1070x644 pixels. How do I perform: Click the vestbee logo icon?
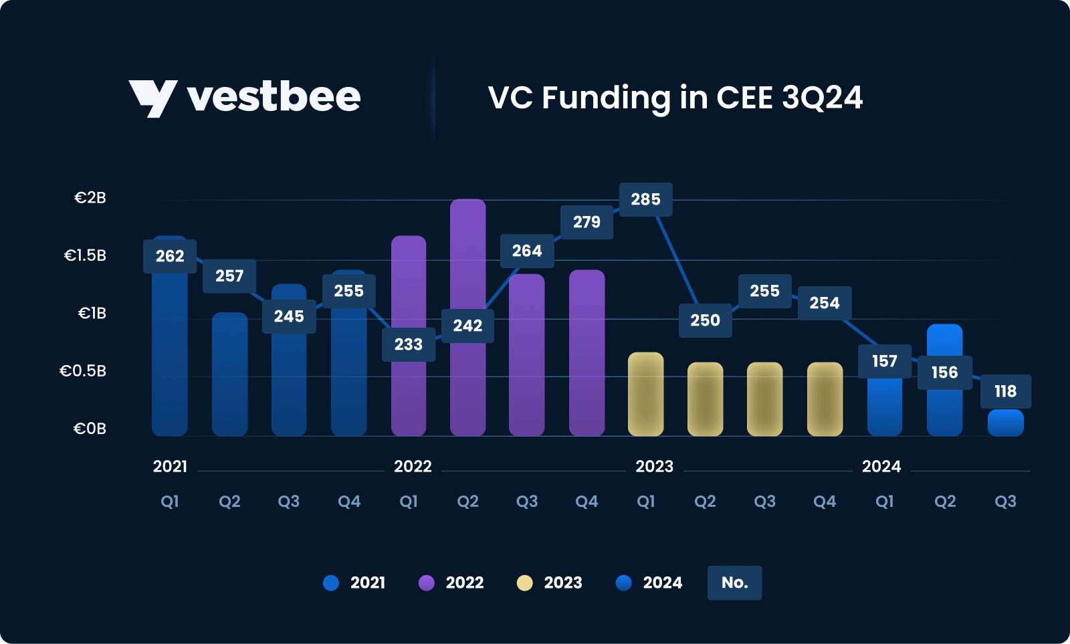point(152,98)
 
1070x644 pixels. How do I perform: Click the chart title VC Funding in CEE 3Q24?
point(675,98)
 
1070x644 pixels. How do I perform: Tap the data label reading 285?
point(645,199)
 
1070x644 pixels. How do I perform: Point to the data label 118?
point(1005,391)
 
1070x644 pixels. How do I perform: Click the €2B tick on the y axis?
point(90,198)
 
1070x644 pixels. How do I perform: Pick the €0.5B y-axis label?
point(83,371)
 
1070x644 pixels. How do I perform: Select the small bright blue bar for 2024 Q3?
point(1005,423)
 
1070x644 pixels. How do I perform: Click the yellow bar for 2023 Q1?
point(645,395)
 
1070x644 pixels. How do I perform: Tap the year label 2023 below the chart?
point(654,466)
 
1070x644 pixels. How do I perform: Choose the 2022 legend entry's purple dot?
point(427,583)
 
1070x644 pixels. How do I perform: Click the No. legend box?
point(734,582)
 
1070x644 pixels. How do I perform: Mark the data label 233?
point(409,344)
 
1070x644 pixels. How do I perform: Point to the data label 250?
point(705,320)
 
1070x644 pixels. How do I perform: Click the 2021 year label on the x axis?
point(170,466)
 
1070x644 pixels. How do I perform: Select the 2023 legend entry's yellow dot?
point(525,583)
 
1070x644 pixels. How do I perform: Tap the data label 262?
point(170,256)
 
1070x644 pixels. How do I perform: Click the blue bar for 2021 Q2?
point(229,374)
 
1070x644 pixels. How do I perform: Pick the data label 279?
point(586,222)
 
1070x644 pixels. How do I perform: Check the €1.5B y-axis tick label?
point(85,255)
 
